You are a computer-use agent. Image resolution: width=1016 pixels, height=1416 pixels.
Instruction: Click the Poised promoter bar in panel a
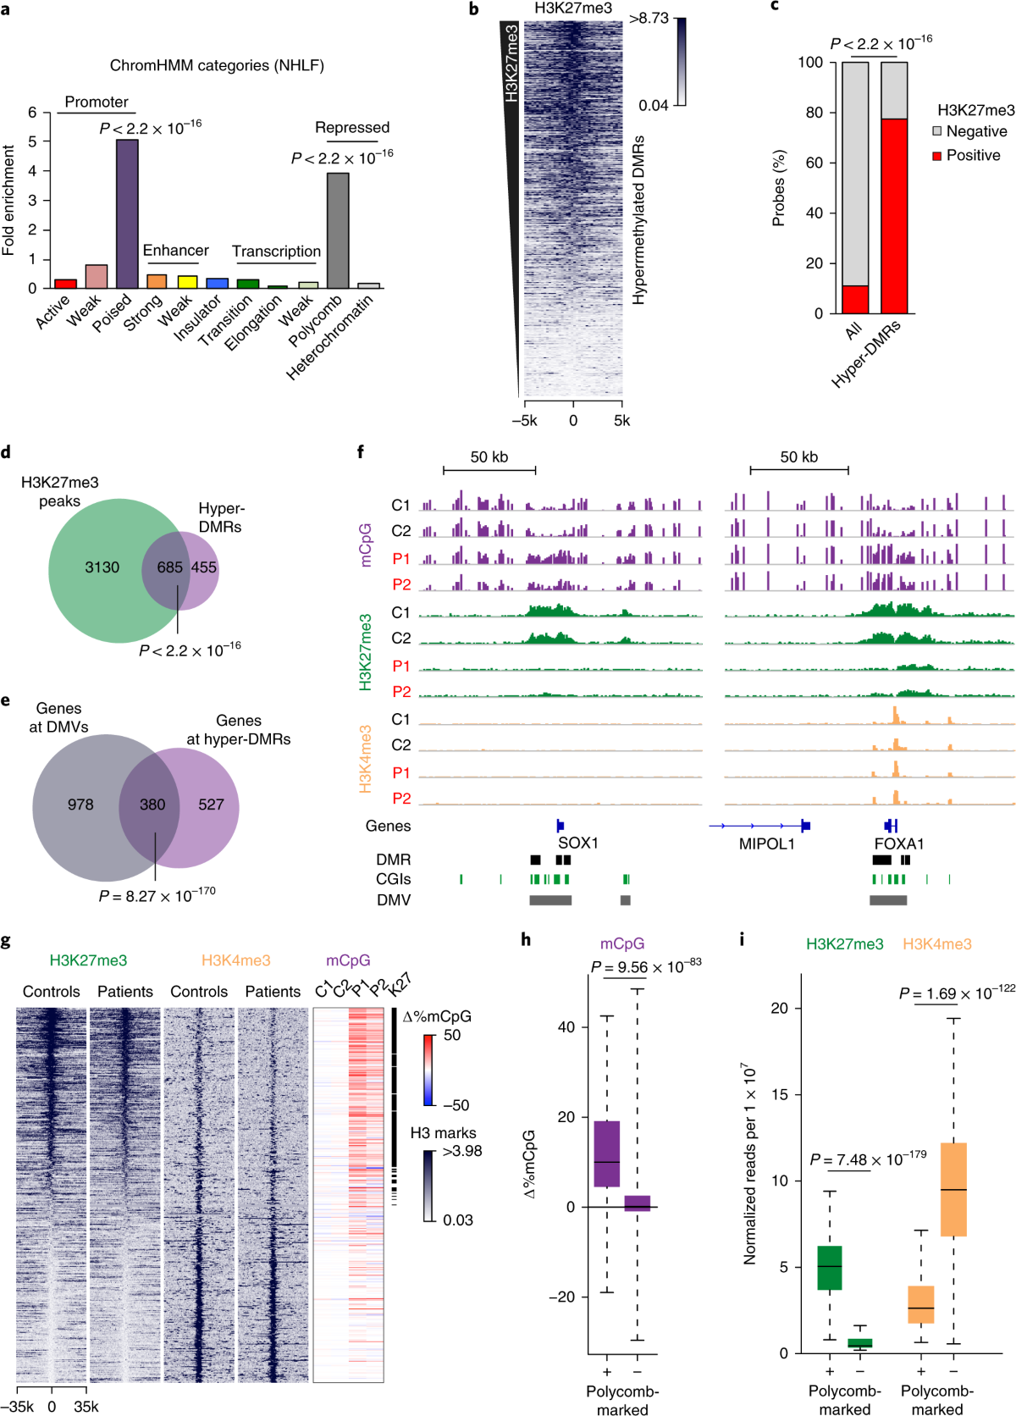pos(127,213)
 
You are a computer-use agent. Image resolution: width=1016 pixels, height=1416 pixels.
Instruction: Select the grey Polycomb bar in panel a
pos(338,230)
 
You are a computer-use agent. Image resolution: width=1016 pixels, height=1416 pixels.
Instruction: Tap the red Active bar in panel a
pos(65,284)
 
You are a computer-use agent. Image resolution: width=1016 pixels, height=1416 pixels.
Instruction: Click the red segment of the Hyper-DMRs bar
pos(894,216)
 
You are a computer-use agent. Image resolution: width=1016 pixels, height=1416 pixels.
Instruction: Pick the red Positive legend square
pos(937,156)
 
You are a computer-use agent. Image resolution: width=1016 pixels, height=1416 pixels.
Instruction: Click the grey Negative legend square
pos(937,131)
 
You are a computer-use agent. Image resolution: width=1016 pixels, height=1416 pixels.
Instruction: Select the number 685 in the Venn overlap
pos(169,567)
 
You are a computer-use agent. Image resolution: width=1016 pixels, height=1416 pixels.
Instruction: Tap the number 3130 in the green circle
pos(102,567)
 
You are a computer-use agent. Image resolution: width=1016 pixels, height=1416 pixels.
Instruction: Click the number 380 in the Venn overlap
pos(152,805)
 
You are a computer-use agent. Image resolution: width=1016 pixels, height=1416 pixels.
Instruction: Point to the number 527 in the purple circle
pos(211,805)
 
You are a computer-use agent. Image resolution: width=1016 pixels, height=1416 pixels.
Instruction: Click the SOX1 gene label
pos(578,844)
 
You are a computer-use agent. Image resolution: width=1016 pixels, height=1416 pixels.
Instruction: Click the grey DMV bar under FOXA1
pos(888,900)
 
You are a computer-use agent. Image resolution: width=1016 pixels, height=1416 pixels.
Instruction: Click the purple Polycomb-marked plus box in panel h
pos(607,1153)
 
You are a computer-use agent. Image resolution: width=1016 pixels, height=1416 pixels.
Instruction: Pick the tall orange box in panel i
pos(953,1189)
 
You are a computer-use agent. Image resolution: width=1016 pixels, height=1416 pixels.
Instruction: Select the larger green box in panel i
pos(830,1268)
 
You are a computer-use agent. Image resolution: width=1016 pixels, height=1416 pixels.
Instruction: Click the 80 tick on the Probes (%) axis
pos(814,113)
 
